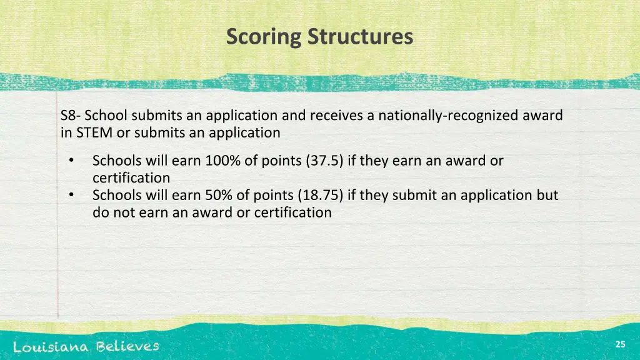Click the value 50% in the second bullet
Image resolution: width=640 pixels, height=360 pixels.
point(219,195)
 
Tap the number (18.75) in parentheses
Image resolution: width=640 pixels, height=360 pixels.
point(321,195)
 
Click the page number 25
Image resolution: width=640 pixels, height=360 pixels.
point(620,344)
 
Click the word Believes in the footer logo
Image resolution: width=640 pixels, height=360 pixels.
point(127,346)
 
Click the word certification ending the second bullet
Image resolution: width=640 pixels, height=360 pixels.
point(294,212)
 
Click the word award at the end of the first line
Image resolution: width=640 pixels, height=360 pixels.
point(543,116)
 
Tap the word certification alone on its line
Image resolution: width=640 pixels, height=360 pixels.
point(131,178)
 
